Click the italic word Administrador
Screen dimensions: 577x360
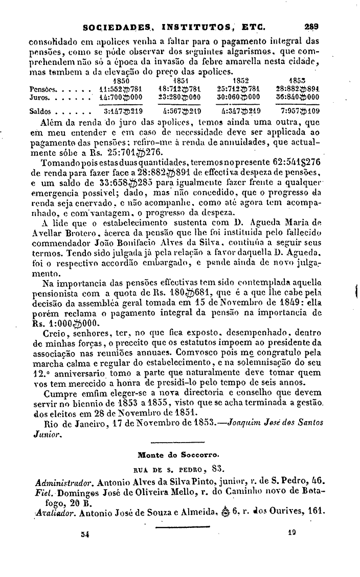click(64, 481)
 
